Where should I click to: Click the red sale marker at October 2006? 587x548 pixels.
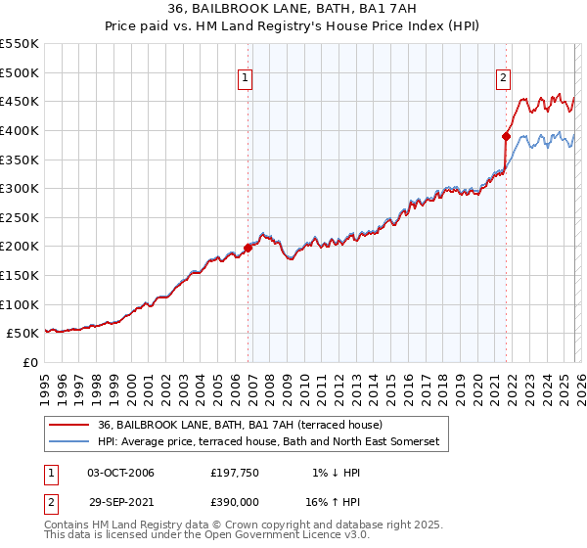(x=248, y=248)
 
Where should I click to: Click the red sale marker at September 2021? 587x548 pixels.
(x=506, y=136)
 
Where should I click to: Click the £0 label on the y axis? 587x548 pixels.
(x=30, y=362)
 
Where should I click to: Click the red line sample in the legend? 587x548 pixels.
(x=69, y=426)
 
